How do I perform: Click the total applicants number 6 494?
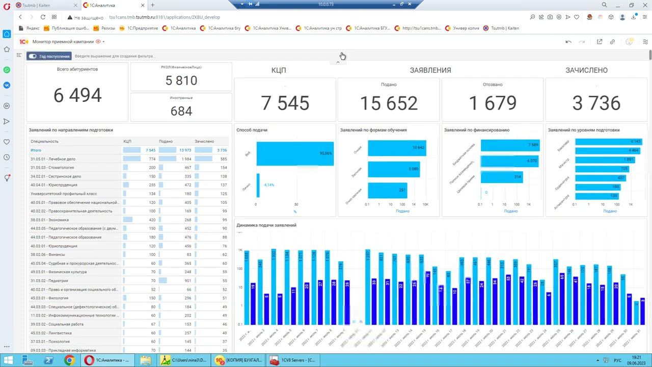(77, 95)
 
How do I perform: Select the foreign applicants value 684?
(181, 111)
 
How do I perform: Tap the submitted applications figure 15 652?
(389, 103)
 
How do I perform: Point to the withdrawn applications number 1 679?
(493, 103)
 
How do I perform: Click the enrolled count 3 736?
(596, 103)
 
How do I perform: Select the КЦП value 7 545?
(285, 103)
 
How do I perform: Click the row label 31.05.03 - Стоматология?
(52, 168)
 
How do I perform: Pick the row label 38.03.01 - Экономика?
(49, 220)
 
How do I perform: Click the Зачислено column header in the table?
(204, 141)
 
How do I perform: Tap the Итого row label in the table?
(36, 150)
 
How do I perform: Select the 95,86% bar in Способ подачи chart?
(295, 153)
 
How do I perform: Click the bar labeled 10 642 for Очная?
(397, 148)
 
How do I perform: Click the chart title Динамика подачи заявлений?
(266, 225)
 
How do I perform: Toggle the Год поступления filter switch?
(33, 56)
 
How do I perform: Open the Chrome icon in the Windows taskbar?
(69, 360)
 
